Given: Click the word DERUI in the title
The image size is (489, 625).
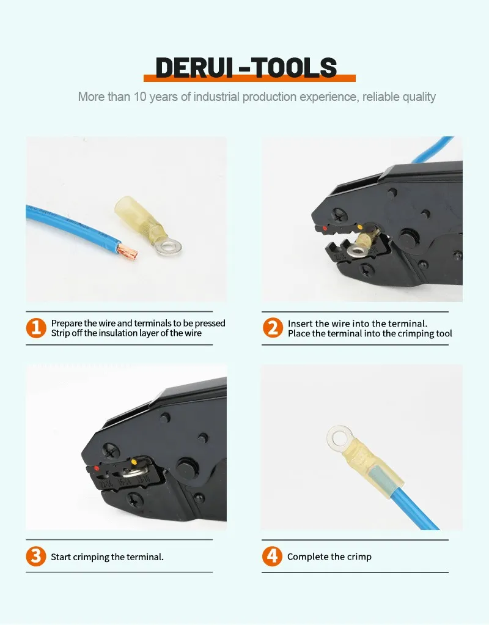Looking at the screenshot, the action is click(x=194, y=67).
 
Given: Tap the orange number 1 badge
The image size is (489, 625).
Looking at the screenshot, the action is click(x=36, y=328).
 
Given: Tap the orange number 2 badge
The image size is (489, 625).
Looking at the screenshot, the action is click(x=273, y=328).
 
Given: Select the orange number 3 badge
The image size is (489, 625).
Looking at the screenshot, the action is click(x=36, y=556).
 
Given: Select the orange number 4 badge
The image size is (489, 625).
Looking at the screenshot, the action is click(x=273, y=556).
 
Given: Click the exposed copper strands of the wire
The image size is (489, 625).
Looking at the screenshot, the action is click(x=128, y=251).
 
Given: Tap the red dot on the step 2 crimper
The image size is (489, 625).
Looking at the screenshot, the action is click(x=325, y=228).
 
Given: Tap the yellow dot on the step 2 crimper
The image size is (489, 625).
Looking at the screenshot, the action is click(x=360, y=227).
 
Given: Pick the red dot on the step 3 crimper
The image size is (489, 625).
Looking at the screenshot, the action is click(x=97, y=468).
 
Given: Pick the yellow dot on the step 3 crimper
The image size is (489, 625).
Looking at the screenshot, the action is click(x=134, y=462).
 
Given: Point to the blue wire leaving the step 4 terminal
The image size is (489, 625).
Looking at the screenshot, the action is click(x=416, y=506).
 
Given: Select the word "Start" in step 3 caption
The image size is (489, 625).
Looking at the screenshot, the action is click(x=60, y=557).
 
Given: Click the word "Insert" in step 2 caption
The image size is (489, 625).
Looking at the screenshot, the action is click(x=301, y=324).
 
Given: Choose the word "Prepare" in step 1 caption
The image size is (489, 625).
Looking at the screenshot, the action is click(x=67, y=324).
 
